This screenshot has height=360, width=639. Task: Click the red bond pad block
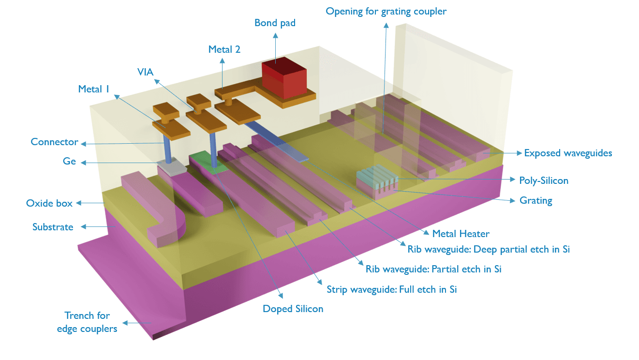point(284,80)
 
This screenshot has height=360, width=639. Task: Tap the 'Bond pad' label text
point(275,23)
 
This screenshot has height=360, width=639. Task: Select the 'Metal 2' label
point(224,49)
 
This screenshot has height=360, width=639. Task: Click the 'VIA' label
point(145,73)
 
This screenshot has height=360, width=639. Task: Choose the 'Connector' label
point(54,142)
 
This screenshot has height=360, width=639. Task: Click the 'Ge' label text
point(69,162)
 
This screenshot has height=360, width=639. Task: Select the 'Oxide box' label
point(49,203)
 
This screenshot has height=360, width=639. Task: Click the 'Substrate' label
point(53,227)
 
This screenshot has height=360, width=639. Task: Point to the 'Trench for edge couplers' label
point(87,322)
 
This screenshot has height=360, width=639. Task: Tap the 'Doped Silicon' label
point(293,309)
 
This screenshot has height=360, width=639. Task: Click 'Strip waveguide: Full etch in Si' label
point(391,290)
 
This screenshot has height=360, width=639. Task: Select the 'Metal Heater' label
point(461,234)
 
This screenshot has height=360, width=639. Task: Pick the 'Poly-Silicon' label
point(543,180)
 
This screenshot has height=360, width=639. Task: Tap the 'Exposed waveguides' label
point(568,153)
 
